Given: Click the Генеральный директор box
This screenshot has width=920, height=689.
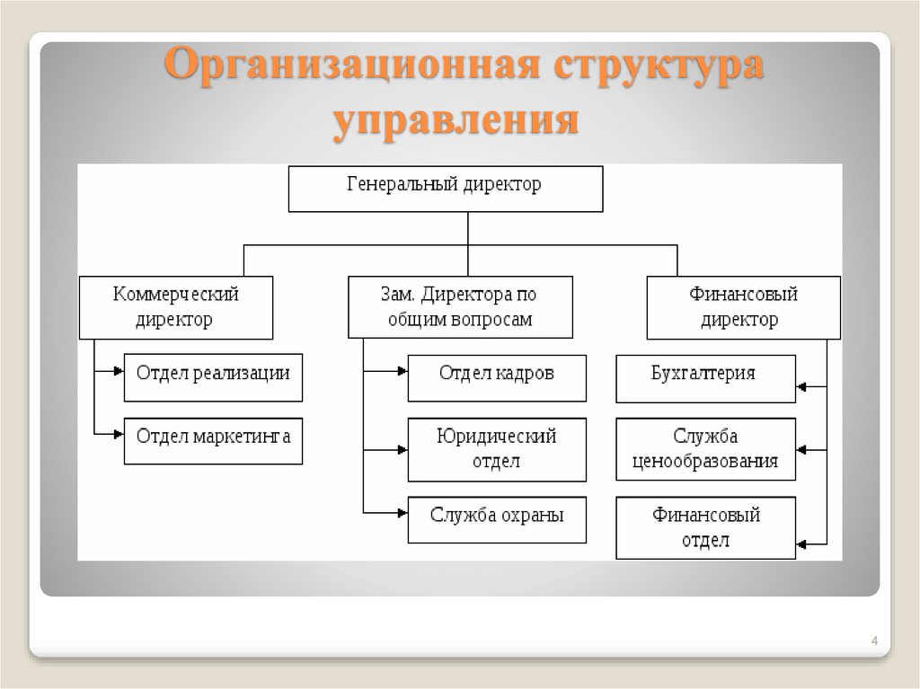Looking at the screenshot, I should [445, 188].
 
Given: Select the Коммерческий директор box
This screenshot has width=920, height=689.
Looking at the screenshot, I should [176, 307].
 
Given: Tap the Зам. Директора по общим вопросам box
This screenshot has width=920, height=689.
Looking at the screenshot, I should [460, 307].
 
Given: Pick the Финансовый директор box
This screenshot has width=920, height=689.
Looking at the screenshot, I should [743, 307].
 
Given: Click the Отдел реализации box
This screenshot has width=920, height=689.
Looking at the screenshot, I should [213, 376].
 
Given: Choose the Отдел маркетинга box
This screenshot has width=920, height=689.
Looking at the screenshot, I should [213, 440].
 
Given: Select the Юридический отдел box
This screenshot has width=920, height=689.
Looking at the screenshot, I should [497, 449].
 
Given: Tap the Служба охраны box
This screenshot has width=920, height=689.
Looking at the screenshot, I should [497, 519].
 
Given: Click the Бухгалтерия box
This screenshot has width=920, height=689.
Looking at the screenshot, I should [705, 378].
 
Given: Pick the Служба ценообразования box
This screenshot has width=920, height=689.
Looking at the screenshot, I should [705, 449].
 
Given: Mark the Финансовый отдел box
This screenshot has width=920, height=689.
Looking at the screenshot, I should [705, 528].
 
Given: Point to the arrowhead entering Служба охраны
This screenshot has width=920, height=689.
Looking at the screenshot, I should [402, 512].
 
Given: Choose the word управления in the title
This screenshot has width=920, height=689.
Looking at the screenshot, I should [456, 120].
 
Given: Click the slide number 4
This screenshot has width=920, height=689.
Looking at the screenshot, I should [873, 641].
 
